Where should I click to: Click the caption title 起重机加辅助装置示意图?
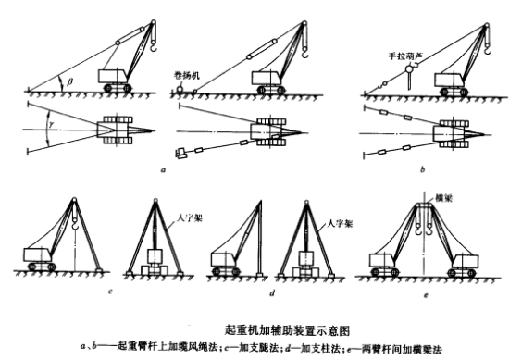[277, 329]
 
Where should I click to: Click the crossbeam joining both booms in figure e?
[426, 209]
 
